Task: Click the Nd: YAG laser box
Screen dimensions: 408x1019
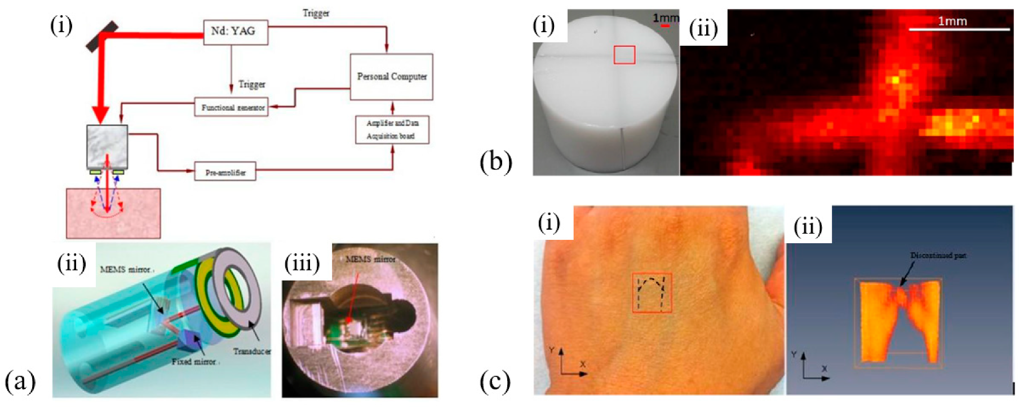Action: pos(235,32)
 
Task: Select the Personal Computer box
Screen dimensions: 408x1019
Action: pos(392,77)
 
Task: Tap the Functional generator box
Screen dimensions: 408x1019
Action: pos(232,107)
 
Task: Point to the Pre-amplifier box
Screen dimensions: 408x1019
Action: pos(225,172)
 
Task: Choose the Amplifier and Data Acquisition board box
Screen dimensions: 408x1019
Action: pos(392,129)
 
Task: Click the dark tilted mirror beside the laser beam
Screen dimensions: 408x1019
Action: pos(102,36)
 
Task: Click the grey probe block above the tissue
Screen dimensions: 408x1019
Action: pos(107,146)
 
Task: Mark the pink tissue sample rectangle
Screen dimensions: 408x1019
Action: pos(113,213)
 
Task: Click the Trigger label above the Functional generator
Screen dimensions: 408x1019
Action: pos(251,85)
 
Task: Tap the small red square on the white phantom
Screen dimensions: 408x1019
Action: pos(624,55)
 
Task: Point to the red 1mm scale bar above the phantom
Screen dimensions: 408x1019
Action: pos(665,25)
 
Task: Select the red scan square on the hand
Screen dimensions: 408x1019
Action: pos(652,292)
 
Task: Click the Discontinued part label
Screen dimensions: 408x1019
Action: pos(938,256)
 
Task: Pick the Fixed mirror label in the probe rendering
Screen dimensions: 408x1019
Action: pos(194,361)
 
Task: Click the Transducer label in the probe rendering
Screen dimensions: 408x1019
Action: pos(251,351)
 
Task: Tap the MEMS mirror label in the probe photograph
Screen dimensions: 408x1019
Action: pos(370,259)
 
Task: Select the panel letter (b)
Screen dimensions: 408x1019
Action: pos(495,161)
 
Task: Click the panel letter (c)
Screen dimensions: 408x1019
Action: pos(495,381)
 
